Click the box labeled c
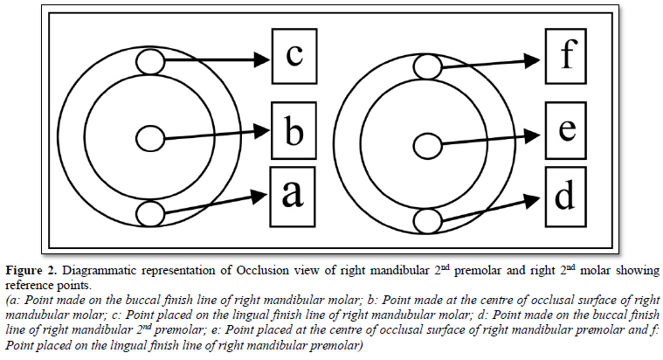click(x=294, y=58)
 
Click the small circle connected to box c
click(x=150, y=62)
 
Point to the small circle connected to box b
click(x=150, y=138)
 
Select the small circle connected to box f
click(x=426, y=66)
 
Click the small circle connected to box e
click(x=426, y=144)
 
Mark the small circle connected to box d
click(x=426, y=219)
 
